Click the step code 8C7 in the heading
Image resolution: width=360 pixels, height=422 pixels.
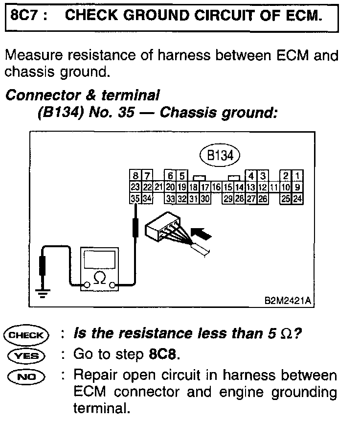point(22,16)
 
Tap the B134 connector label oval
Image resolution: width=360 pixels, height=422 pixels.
point(220,155)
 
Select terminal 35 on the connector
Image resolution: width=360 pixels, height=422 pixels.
point(135,198)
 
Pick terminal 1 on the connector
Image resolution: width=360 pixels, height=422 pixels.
point(298,176)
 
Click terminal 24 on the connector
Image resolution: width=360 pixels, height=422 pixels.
point(298,198)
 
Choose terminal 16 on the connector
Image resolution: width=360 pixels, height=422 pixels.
point(217,187)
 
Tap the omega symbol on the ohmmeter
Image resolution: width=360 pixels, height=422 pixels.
point(99,278)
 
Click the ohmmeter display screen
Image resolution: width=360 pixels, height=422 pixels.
point(99,257)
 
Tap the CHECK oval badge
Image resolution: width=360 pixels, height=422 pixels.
point(26,335)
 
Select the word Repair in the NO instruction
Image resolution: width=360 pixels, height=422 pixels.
point(98,376)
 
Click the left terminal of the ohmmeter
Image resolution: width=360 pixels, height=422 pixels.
point(87,285)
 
